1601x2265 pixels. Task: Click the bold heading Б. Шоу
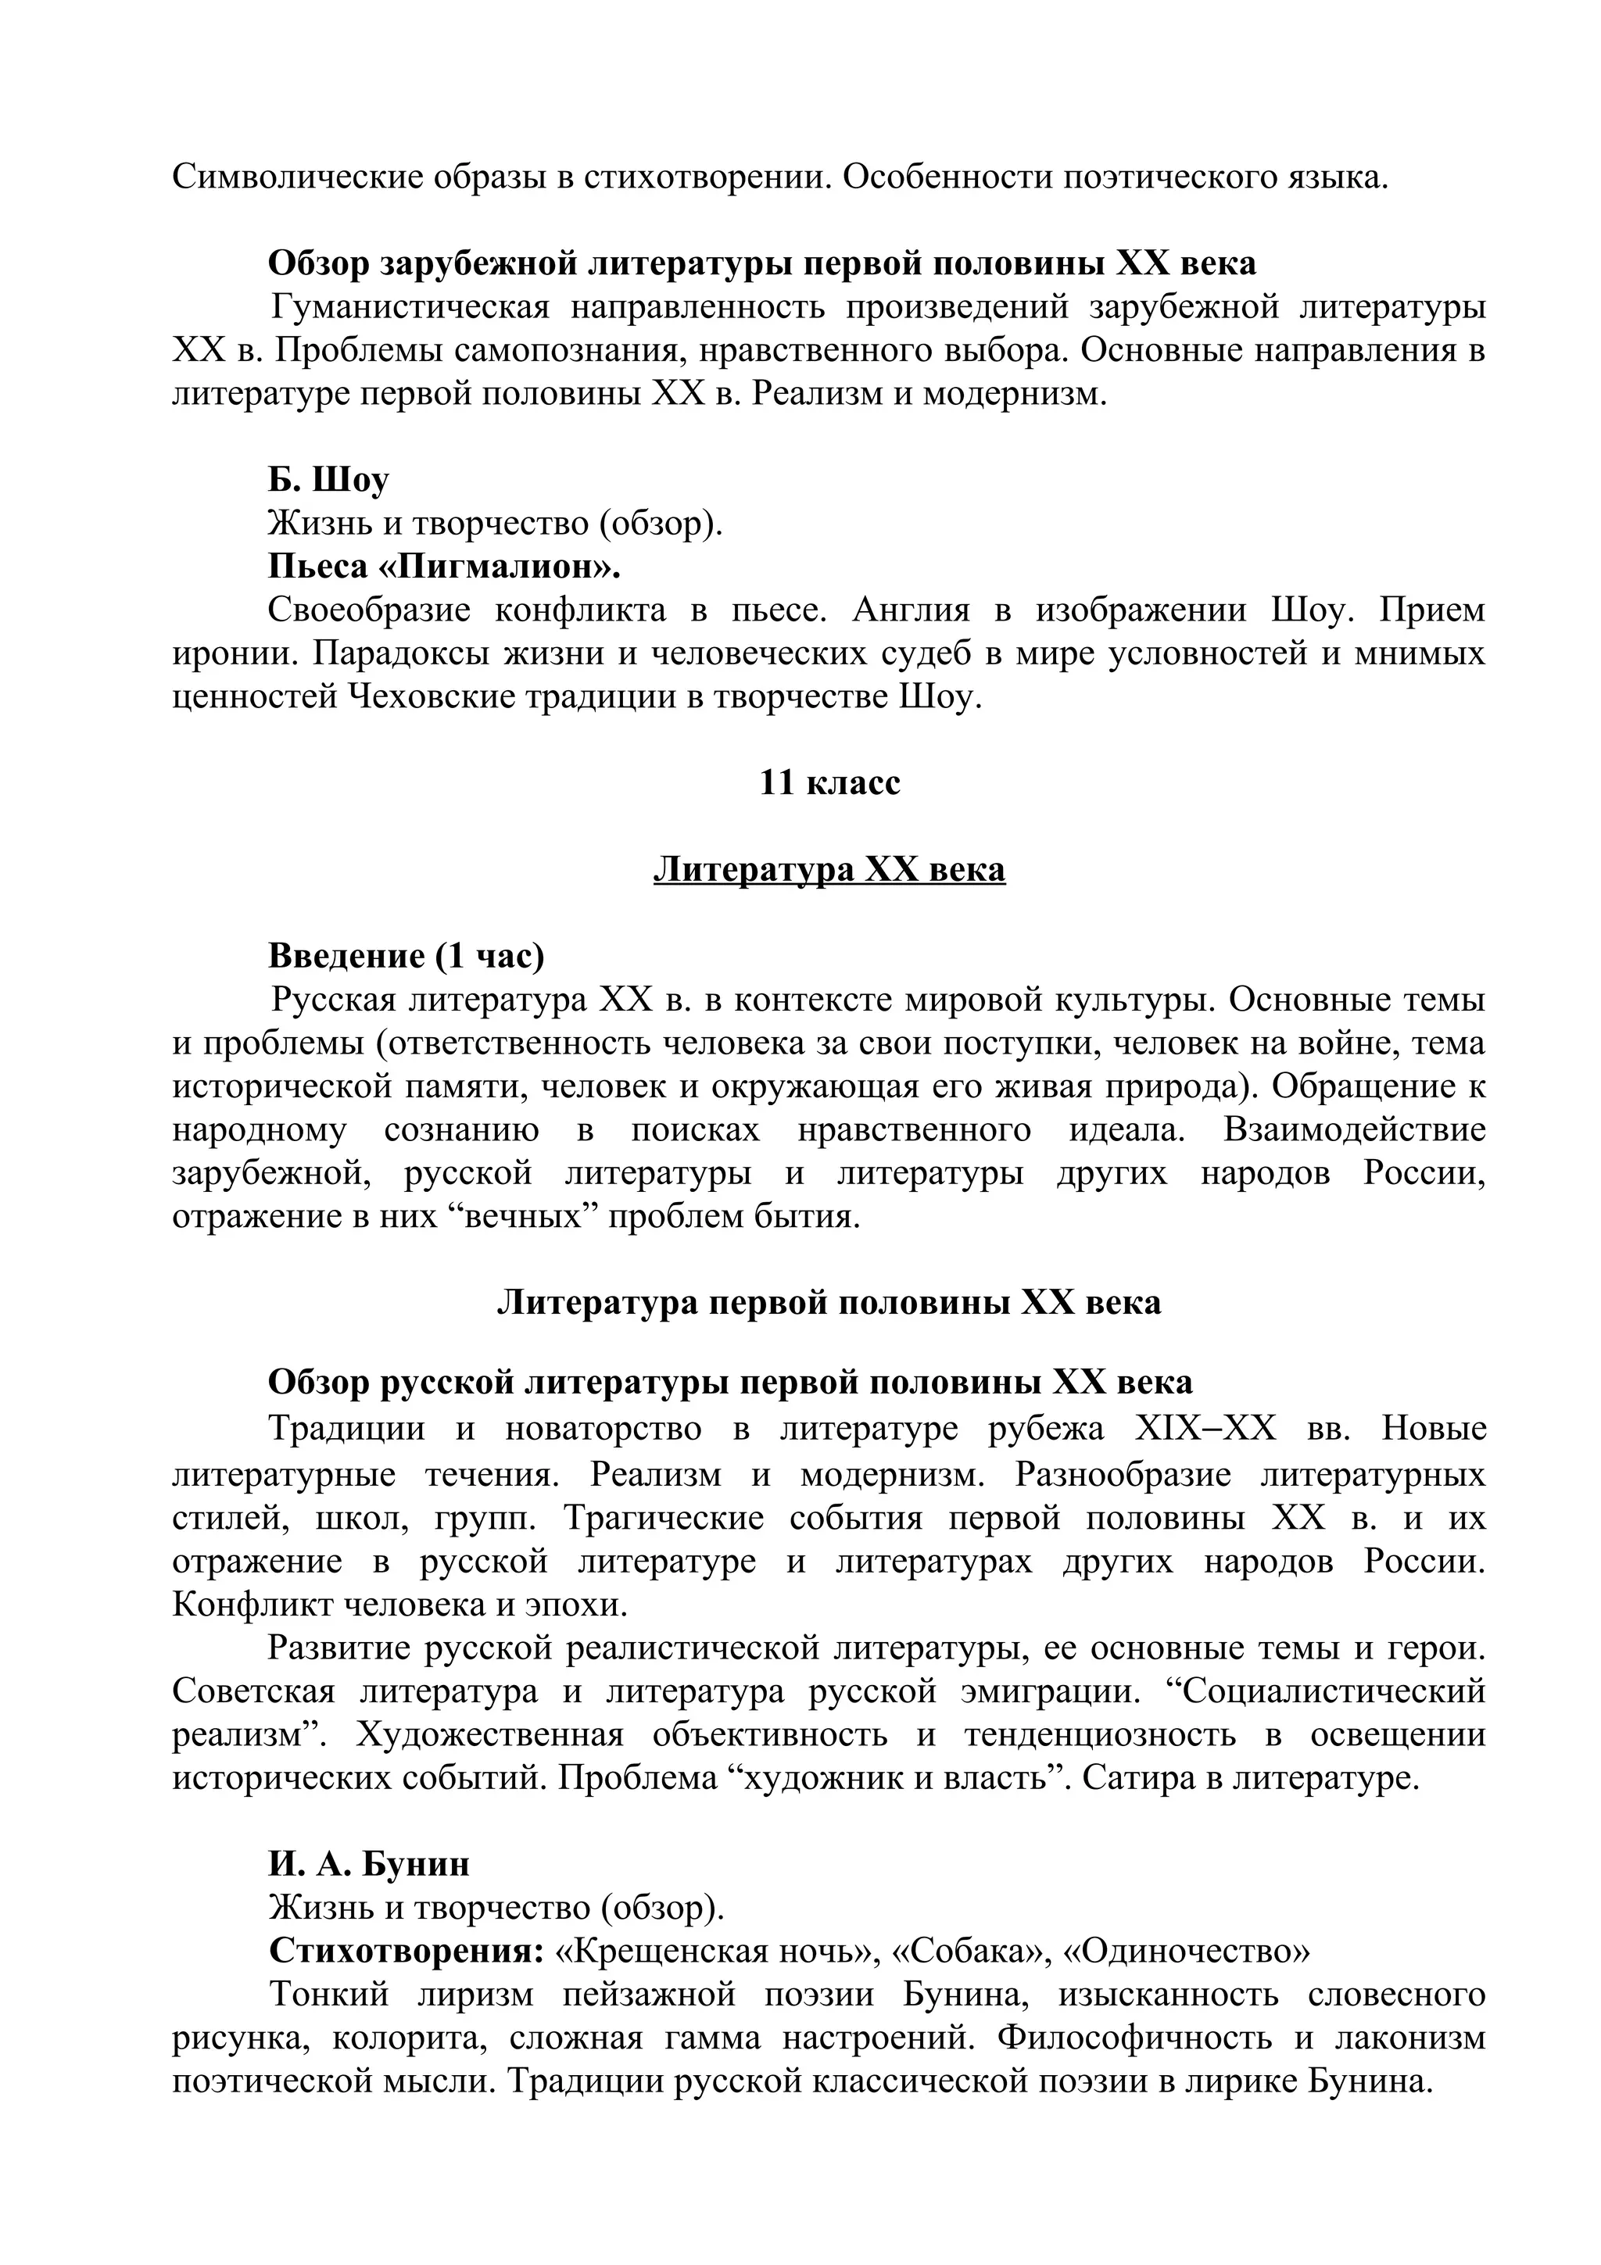point(328,481)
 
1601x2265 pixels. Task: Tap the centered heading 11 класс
point(829,782)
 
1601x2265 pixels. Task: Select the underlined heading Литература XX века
point(829,870)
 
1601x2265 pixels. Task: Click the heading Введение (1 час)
point(407,956)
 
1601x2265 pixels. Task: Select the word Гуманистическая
point(410,308)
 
